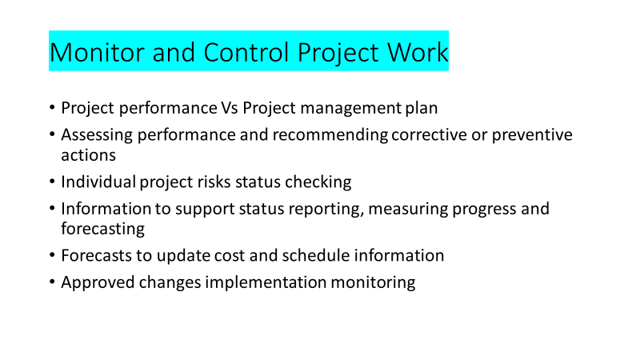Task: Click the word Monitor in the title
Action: (97, 52)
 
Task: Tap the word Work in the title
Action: (418, 52)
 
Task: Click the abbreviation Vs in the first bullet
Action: (230, 108)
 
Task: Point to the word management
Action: (350, 109)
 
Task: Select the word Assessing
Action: (97, 135)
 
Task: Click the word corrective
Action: (429, 134)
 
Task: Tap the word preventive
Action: (532, 135)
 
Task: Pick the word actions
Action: (89, 155)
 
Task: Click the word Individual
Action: (98, 182)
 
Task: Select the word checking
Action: (318, 182)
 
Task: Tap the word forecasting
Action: (103, 230)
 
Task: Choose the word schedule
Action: (316, 255)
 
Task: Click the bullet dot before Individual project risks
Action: (52, 182)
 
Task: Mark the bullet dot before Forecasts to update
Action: (52, 255)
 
